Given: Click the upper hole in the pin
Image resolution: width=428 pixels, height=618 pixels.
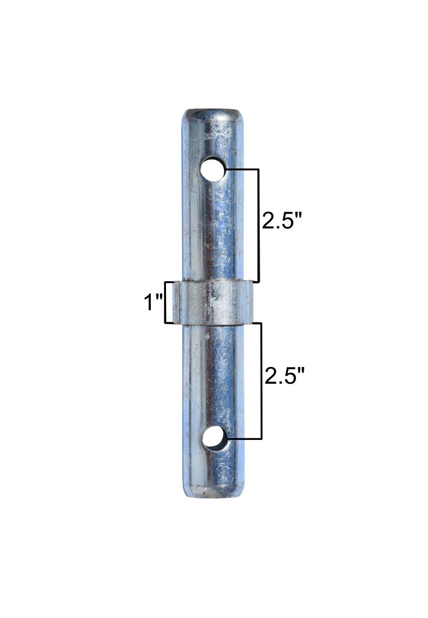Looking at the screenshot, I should pyautogui.click(x=212, y=170).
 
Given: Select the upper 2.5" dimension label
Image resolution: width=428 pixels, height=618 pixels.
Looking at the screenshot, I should pyautogui.click(x=281, y=221).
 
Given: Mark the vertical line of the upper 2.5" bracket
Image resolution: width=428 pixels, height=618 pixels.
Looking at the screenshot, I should pyautogui.click(x=258, y=226).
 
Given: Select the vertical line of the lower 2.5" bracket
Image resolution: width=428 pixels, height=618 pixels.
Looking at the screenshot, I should pyautogui.click(x=261, y=380).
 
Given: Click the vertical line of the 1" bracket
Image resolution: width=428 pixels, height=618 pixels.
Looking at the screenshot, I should pyautogui.click(x=165, y=302).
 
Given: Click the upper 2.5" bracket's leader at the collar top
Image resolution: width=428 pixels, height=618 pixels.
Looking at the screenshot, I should pyautogui.click(x=255, y=282).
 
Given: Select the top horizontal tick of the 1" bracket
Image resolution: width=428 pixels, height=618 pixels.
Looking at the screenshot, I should pyautogui.click(x=170, y=282).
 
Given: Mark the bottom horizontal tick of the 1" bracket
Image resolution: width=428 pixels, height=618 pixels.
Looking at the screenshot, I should pyautogui.click(x=170, y=323).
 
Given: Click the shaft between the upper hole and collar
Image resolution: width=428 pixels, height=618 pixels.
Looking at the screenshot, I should pyautogui.click(x=212, y=229).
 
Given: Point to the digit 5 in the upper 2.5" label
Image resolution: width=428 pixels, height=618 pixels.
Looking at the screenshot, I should pyautogui.click(x=291, y=221).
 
